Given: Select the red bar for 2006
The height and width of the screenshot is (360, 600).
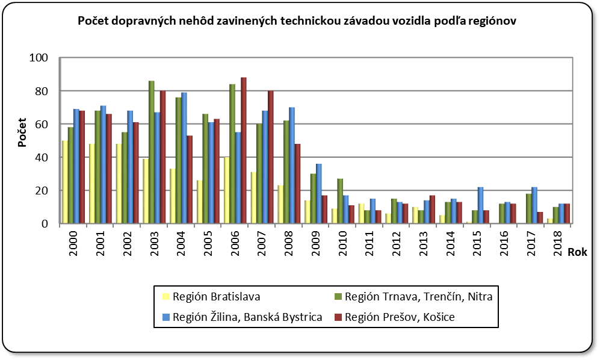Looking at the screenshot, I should (243, 151).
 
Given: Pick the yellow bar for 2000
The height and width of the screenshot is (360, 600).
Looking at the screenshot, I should (65, 182).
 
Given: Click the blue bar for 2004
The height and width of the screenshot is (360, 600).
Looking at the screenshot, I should (184, 158).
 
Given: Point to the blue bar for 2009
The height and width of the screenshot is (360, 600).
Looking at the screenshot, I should (319, 193).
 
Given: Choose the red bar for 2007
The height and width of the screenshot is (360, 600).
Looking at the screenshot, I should (270, 157).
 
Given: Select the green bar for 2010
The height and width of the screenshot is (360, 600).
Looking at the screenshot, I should (340, 201).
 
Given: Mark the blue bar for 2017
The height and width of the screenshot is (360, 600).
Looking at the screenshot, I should (534, 205).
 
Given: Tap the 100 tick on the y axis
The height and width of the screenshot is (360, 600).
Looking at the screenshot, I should (47, 58).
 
